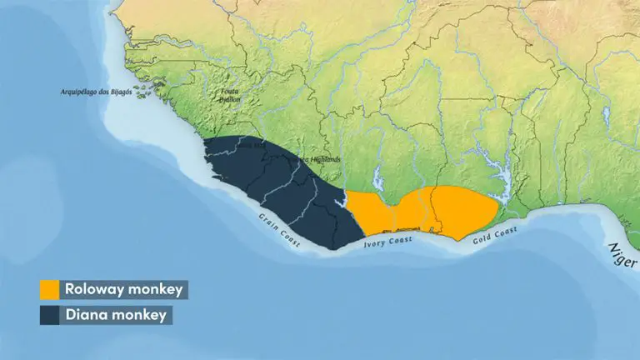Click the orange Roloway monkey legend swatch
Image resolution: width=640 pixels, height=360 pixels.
(50, 289)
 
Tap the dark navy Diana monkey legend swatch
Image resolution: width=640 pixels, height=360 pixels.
(50, 315)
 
